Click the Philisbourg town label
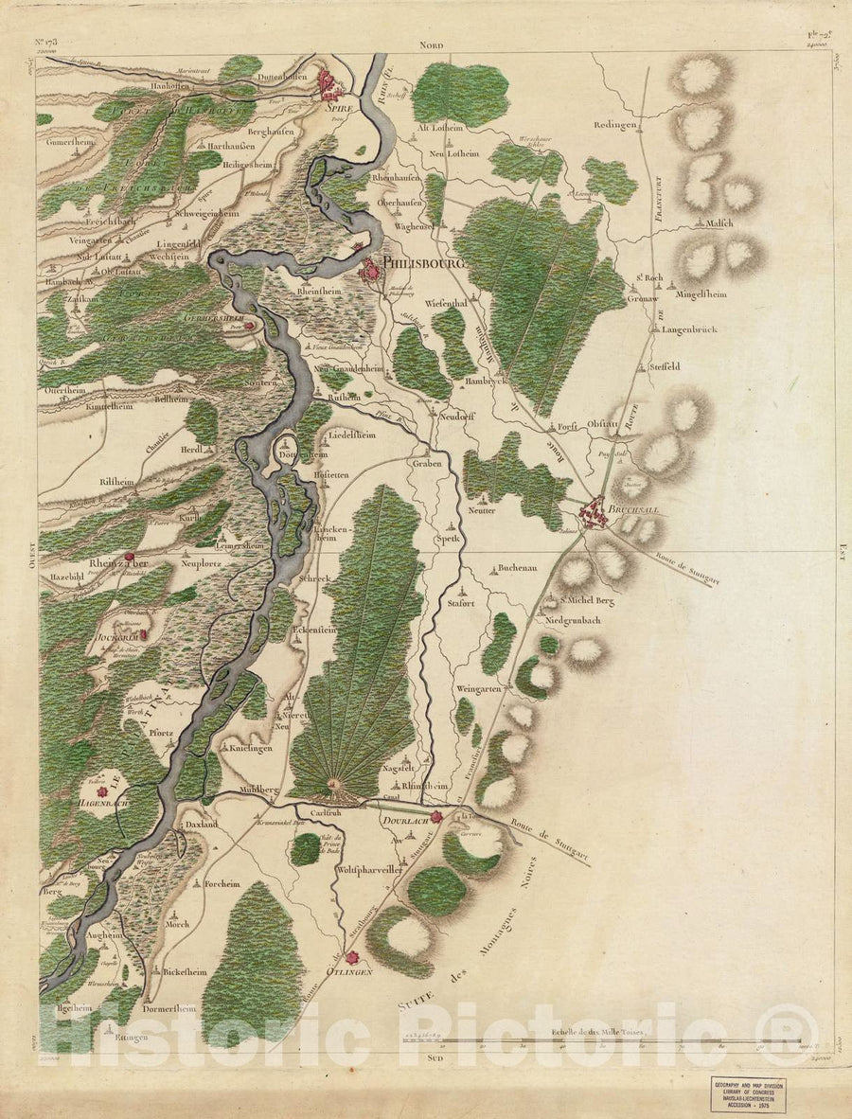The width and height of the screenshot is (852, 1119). pyautogui.click(x=423, y=264)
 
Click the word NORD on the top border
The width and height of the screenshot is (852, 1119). pyautogui.click(x=435, y=44)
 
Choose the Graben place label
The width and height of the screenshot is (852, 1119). pyautogui.click(x=427, y=464)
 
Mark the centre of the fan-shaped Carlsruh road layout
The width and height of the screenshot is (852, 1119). pyautogui.click(x=333, y=785)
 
